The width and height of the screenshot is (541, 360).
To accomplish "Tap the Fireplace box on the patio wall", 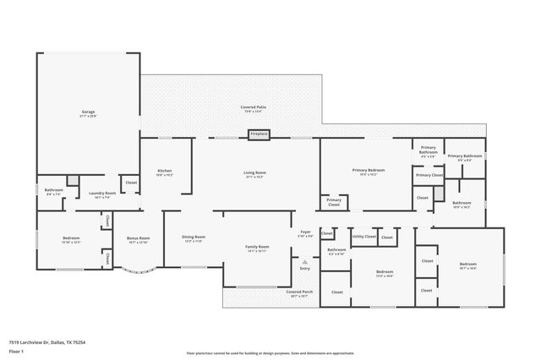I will point(259,134).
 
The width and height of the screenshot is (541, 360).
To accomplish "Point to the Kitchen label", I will point(165,172).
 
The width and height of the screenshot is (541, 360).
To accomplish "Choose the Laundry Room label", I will point(102,194).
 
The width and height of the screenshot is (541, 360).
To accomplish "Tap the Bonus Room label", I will point(137,239).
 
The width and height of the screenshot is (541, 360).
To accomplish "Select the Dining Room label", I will point(194,239).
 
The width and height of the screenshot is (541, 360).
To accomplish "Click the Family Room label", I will point(256,248).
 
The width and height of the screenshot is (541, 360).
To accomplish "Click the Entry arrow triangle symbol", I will point(304,262).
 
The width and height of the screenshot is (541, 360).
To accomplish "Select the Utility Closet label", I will point(363,237).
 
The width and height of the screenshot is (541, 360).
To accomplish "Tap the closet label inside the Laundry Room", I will point(131,183).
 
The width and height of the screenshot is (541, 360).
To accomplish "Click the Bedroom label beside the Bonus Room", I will point(71,239).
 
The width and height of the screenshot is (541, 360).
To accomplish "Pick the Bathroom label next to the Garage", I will point(54,191).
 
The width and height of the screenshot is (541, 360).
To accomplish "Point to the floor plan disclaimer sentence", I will point(270,353).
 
